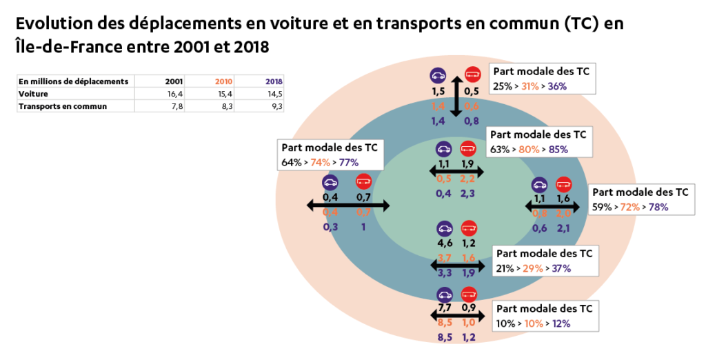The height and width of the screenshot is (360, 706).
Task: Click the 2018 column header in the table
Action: [x=274, y=81]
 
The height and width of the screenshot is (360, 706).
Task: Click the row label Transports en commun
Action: [x=63, y=106]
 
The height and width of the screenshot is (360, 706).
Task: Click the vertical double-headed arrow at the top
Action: [x=455, y=97]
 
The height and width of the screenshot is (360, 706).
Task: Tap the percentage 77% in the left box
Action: [x=347, y=163]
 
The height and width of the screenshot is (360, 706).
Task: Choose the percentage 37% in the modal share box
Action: [x=560, y=268]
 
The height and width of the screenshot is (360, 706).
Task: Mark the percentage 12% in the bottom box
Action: [x=559, y=323]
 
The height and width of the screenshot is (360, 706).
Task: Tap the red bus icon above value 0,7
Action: [x=363, y=182]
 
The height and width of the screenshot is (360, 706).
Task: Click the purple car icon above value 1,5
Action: [x=438, y=75]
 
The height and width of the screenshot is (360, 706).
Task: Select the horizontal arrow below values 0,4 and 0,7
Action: [x=348, y=206]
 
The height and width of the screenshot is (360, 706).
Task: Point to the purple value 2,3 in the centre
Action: [x=468, y=194]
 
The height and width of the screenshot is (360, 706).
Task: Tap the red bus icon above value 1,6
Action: [x=564, y=184]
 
